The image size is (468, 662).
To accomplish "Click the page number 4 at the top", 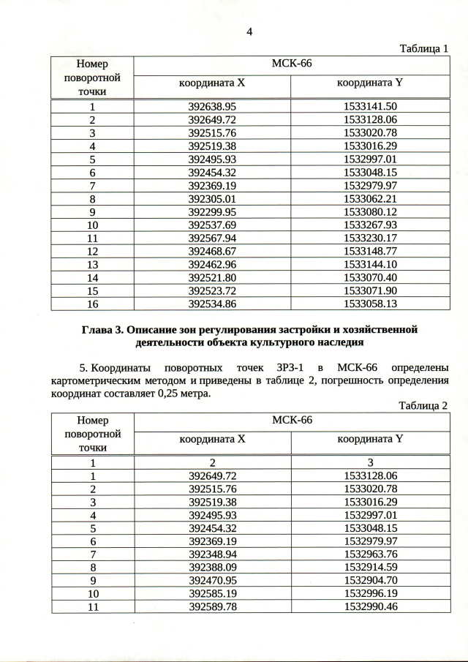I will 249,32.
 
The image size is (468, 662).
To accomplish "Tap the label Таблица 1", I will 423,49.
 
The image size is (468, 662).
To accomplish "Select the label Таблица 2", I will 423,406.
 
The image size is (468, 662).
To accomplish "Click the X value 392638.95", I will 213,107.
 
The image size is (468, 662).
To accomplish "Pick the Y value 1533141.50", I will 370,107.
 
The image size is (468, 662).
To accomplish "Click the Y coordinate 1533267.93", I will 370,225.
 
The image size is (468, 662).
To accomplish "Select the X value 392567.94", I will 213,238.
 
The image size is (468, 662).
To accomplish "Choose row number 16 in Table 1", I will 93,304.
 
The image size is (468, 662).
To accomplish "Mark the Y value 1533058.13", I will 370,304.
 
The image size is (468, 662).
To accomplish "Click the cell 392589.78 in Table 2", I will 213,607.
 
